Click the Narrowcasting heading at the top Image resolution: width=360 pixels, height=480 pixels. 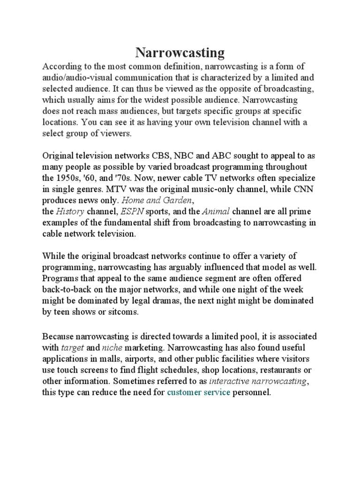(x=180, y=52)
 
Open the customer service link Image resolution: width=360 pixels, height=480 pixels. (x=199, y=392)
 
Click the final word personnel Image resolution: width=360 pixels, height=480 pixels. (x=251, y=392)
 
